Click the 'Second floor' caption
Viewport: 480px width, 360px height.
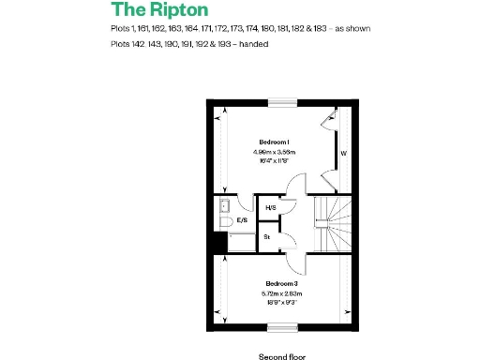(x=282, y=356)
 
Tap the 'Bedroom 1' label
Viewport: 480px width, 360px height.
(x=274, y=142)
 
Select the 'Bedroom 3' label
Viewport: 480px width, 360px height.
(x=281, y=284)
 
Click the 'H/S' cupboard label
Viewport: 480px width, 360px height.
(x=271, y=208)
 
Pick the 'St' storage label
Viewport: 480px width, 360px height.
(x=267, y=237)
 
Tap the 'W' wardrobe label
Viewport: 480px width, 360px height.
(x=344, y=152)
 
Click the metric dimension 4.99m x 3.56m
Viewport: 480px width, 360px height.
(x=274, y=151)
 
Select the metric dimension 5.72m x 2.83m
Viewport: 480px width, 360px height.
(x=281, y=293)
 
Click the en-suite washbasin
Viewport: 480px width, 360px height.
(x=225, y=205)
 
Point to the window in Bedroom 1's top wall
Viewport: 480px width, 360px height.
(x=281, y=102)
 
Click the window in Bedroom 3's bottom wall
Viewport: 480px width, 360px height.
(x=281, y=328)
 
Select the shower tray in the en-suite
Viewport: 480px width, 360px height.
(x=240, y=242)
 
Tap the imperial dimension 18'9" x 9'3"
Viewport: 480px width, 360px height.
(x=281, y=303)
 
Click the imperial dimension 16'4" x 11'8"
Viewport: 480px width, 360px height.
(x=274, y=160)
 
